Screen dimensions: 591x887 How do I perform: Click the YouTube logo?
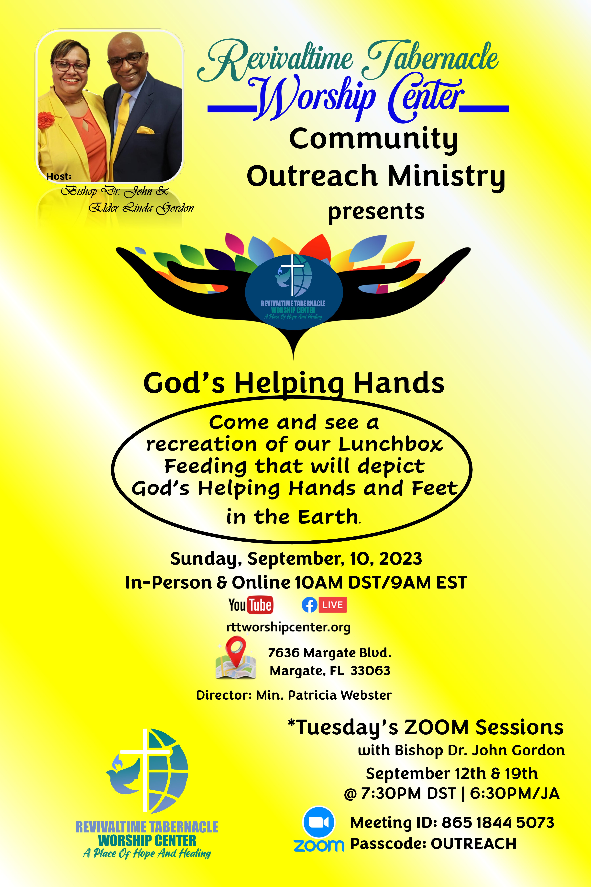click(x=251, y=605)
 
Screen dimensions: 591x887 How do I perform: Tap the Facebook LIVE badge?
click(x=324, y=605)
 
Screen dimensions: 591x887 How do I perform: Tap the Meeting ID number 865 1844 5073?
click(x=498, y=822)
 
